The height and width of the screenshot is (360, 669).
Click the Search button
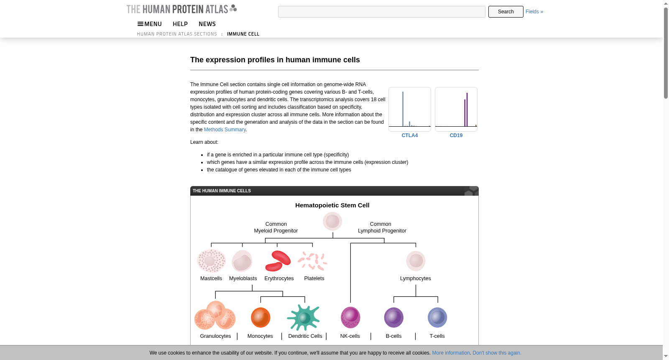[506, 12]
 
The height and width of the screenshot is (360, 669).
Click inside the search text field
[381, 12]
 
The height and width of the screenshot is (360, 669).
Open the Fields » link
[534, 12]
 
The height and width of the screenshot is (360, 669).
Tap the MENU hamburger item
[150, 24]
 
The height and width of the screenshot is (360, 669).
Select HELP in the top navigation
[180, 24]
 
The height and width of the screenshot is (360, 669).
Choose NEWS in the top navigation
[207, 24]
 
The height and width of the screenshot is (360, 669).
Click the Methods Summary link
[225, 130]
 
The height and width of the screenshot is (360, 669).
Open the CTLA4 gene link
[409, 135]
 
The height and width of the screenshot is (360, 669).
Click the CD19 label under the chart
[456, 135]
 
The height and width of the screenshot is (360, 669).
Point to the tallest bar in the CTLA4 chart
[403, 109]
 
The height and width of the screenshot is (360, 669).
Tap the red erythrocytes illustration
[278, 261]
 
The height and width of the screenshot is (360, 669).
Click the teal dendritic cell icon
[304, 317]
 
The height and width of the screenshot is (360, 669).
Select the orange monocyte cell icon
[260, 317]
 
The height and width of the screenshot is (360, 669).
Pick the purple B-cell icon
[393, 317]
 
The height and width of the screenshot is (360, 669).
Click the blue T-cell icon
[437, 317]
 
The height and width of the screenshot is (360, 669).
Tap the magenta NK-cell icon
[350, 317]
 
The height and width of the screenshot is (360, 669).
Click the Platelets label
[314, 278]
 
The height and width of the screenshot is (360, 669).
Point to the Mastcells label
[211, 278]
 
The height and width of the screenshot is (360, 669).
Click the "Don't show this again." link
[497, 353]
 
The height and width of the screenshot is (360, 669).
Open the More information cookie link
[451, 353]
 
